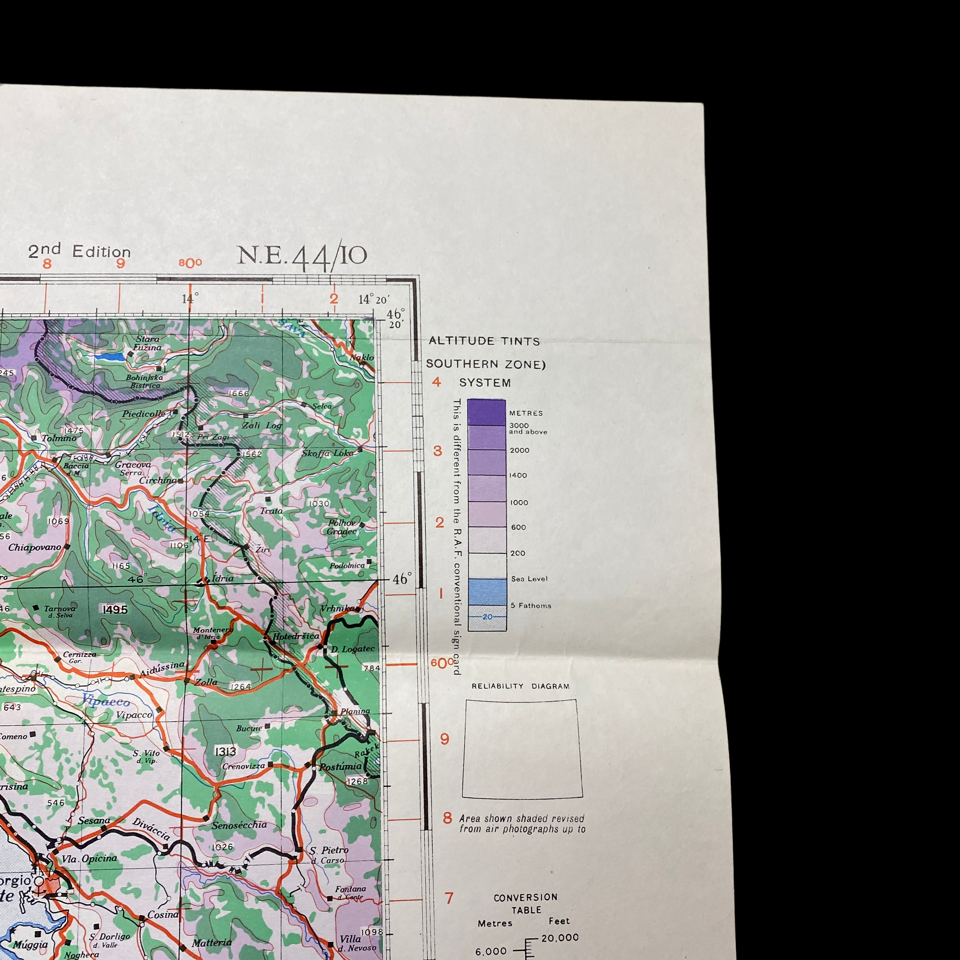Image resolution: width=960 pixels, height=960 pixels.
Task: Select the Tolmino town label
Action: (x=59, y=438)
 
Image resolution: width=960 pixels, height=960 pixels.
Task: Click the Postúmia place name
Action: (x=340, y=767)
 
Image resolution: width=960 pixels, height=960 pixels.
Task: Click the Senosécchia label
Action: (x=239, y=825)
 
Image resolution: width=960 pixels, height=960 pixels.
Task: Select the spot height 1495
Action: (x=115, y=610)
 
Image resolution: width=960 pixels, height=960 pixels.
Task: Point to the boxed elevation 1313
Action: (x=225, y=751)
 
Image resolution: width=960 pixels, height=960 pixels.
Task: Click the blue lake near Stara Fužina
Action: (x=110, y=357)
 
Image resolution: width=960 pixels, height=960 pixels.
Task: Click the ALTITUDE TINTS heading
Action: (x=484, y=341)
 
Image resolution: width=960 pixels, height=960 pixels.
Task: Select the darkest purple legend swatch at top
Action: (x=486, y=412)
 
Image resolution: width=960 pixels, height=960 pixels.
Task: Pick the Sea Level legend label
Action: (x=529, y=579)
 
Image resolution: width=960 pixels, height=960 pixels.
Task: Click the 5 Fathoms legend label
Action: (x=531, y=606)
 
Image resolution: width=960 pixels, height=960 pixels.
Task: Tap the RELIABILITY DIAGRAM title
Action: (x=520, y=686)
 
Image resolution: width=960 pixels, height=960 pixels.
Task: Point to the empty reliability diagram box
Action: (x=522, y=748)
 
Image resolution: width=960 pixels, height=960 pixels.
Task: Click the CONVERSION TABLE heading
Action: (x=526, y=903)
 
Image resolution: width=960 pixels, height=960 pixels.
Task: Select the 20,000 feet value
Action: (x=560, y=938)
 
